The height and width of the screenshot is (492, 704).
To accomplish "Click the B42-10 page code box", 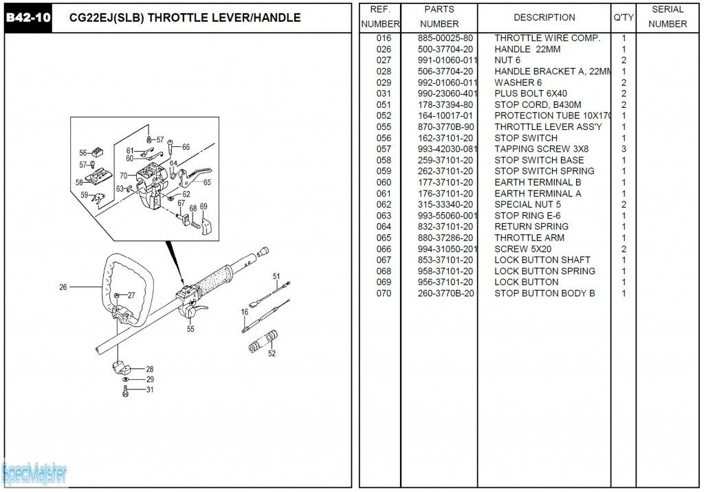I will coord(28,17).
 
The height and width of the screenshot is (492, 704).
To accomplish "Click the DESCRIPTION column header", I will coord(544,17).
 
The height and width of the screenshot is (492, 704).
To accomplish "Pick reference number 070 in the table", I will coord(384,293).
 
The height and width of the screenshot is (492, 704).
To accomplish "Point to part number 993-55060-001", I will coord(447,216).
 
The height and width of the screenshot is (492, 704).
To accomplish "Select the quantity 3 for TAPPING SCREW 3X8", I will coord(624,149).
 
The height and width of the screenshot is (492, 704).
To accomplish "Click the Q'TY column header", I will coord(624,17).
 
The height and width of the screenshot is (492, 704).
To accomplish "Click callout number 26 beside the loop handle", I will coord(63,287).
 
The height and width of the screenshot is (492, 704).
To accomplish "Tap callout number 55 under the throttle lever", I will coord(190,329).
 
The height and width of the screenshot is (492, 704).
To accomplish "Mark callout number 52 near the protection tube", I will coord(272,354).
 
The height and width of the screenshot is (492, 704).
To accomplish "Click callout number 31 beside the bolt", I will coord(150,390).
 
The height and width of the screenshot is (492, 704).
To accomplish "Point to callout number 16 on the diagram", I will coord(244,312).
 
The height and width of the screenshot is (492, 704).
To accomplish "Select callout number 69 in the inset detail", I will coord(203,207).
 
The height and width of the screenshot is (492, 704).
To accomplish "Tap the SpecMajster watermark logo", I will coord(34,473).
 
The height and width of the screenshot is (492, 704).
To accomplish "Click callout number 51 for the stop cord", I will coord(276,276).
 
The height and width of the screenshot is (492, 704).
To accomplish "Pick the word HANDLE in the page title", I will coord(276,17).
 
